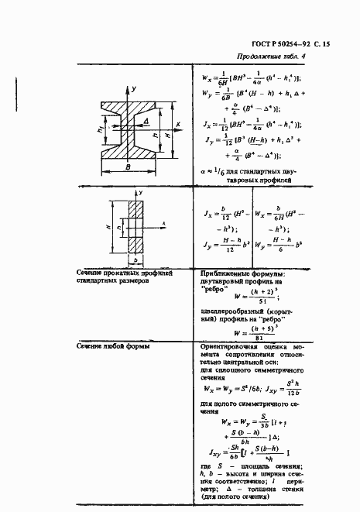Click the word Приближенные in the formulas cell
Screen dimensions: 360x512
point(224,273)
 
